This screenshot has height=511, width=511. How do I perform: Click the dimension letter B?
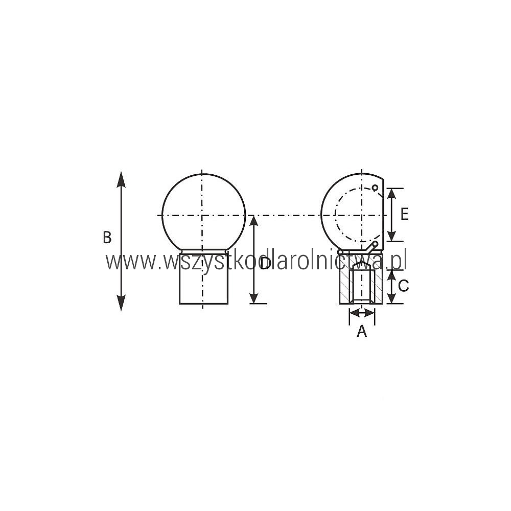coord(107,238)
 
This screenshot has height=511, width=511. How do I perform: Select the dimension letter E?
coord(404,215)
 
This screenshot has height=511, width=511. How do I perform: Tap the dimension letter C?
coord(404,286)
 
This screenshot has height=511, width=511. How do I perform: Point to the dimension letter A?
coord(362,331)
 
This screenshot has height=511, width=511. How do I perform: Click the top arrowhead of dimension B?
coord(121,179)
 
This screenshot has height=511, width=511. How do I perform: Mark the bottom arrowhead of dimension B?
coord(121,303)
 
